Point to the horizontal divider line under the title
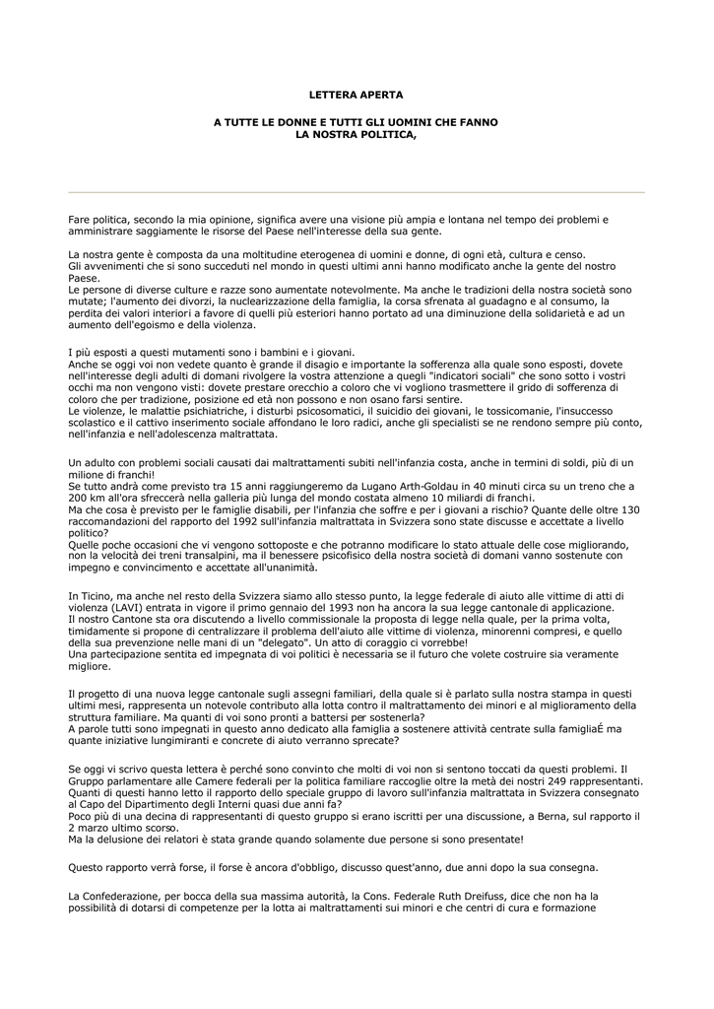click(357, 191)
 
